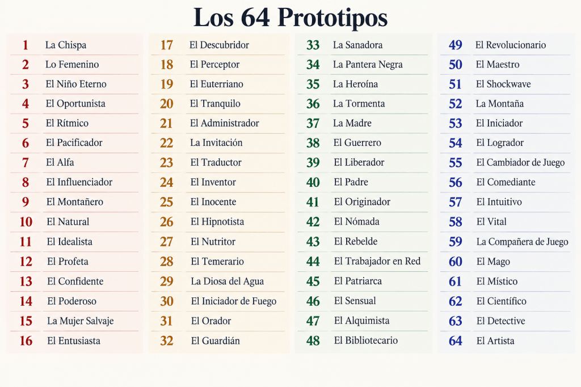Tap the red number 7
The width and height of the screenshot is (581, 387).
25,162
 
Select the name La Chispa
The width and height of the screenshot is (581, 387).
66,45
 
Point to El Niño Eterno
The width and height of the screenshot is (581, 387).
76,84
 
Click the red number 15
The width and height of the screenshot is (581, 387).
26,321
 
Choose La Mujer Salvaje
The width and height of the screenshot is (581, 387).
81,321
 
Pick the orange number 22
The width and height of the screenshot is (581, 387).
166,143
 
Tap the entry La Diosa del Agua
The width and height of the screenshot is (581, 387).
228,281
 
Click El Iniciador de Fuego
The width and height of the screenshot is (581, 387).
234,301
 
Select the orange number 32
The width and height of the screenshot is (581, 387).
167,340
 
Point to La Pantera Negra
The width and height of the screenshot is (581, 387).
368,65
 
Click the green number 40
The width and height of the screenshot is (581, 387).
313,182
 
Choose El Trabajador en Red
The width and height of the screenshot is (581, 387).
377,262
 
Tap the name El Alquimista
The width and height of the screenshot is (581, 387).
361,321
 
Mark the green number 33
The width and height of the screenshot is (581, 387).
313,45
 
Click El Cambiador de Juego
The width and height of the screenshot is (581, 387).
521,162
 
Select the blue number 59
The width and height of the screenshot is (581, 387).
456,242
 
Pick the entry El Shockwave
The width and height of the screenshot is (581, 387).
503,84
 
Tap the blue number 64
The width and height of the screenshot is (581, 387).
456,340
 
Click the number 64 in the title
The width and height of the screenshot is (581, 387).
255,18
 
